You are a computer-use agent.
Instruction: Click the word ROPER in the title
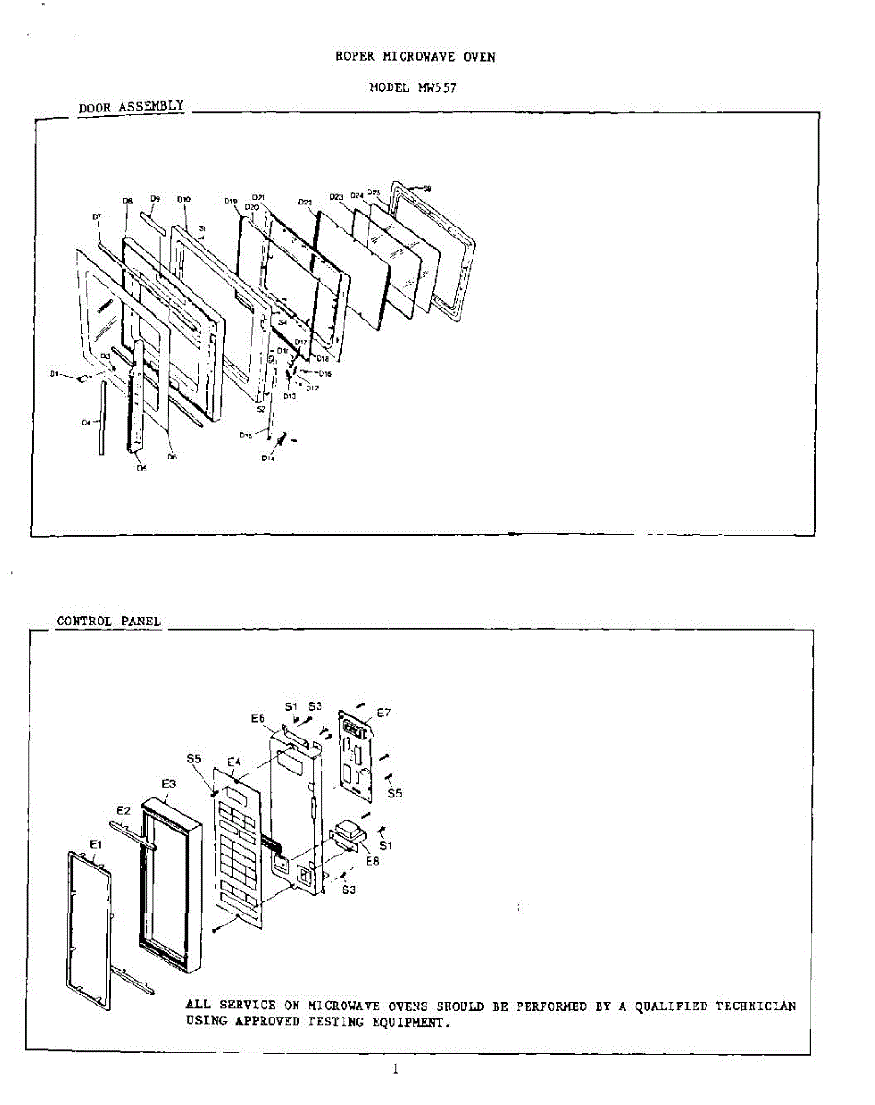pos(353,57)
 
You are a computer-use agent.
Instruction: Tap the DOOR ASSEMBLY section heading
pos(132,107)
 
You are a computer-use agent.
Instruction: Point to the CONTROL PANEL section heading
pos(109,622)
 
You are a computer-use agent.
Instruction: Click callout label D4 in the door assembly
pos(85,422)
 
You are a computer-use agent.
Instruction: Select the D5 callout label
pos(141,468)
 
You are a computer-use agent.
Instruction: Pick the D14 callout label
pos(267,458)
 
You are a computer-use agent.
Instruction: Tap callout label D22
pos(306,202)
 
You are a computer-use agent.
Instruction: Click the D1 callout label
pos(55,374)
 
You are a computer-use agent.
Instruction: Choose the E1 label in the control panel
pos(96,844)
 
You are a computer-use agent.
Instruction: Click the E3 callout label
pos(169,784)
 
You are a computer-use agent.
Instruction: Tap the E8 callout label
pos(372,862)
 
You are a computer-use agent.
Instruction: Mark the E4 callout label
pos(234,762)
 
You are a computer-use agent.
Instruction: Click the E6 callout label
pos(258,718)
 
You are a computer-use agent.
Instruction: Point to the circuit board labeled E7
pos(356,753)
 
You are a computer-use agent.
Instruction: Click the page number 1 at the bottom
pos(395,1069)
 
